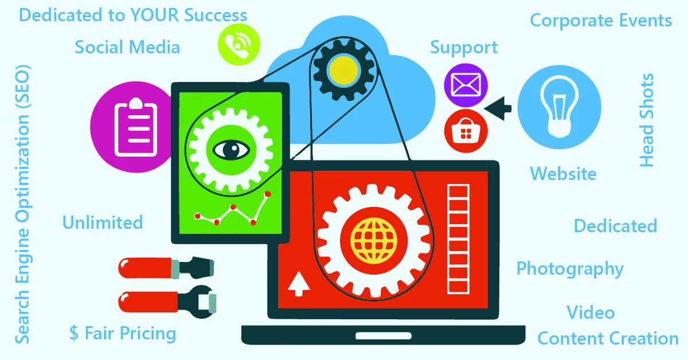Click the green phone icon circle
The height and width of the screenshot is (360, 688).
239,43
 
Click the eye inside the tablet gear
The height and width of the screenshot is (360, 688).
233,150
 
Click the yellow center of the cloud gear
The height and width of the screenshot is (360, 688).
342,69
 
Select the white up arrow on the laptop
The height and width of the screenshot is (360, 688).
298,284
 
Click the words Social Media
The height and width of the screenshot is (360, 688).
127,47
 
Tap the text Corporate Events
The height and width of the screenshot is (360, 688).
600,21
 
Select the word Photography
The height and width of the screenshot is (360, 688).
570,269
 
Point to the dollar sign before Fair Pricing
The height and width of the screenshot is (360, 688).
74,334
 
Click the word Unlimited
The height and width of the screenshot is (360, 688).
103,222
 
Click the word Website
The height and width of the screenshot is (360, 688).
563,173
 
